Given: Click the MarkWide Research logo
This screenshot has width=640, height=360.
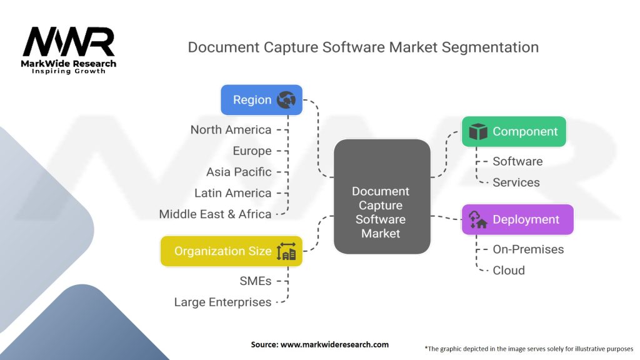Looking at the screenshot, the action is [69, 50].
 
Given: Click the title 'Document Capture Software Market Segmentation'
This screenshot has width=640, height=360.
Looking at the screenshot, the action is [363, 47].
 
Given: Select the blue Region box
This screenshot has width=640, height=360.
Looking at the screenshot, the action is [261, 100].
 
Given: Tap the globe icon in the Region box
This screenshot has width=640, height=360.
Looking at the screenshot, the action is [286, 100].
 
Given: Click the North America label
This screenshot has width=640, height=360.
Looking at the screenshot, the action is [231, 130].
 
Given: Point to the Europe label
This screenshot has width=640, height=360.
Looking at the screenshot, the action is [252, 151].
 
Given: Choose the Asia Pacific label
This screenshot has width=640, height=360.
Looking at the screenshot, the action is [239, 172].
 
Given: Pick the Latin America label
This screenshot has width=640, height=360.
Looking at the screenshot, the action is [232, 193].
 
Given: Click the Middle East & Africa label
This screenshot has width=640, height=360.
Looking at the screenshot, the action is [215, 214].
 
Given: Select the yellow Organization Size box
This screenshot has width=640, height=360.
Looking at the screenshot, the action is [231, 251].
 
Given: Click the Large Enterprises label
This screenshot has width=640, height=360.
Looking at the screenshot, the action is [222, 302].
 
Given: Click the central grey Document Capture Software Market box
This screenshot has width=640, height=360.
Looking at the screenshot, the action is [381, 197].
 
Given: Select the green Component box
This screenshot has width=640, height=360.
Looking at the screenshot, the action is [514, 132].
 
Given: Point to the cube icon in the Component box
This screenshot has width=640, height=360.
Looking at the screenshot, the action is [478, 132].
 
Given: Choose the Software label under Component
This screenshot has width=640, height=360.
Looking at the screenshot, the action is [517, 161].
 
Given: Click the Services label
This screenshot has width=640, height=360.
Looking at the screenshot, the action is [516, 182].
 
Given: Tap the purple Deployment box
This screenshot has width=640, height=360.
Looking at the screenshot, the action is [517, 219].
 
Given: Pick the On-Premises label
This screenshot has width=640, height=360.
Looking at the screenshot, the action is [528, 249].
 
